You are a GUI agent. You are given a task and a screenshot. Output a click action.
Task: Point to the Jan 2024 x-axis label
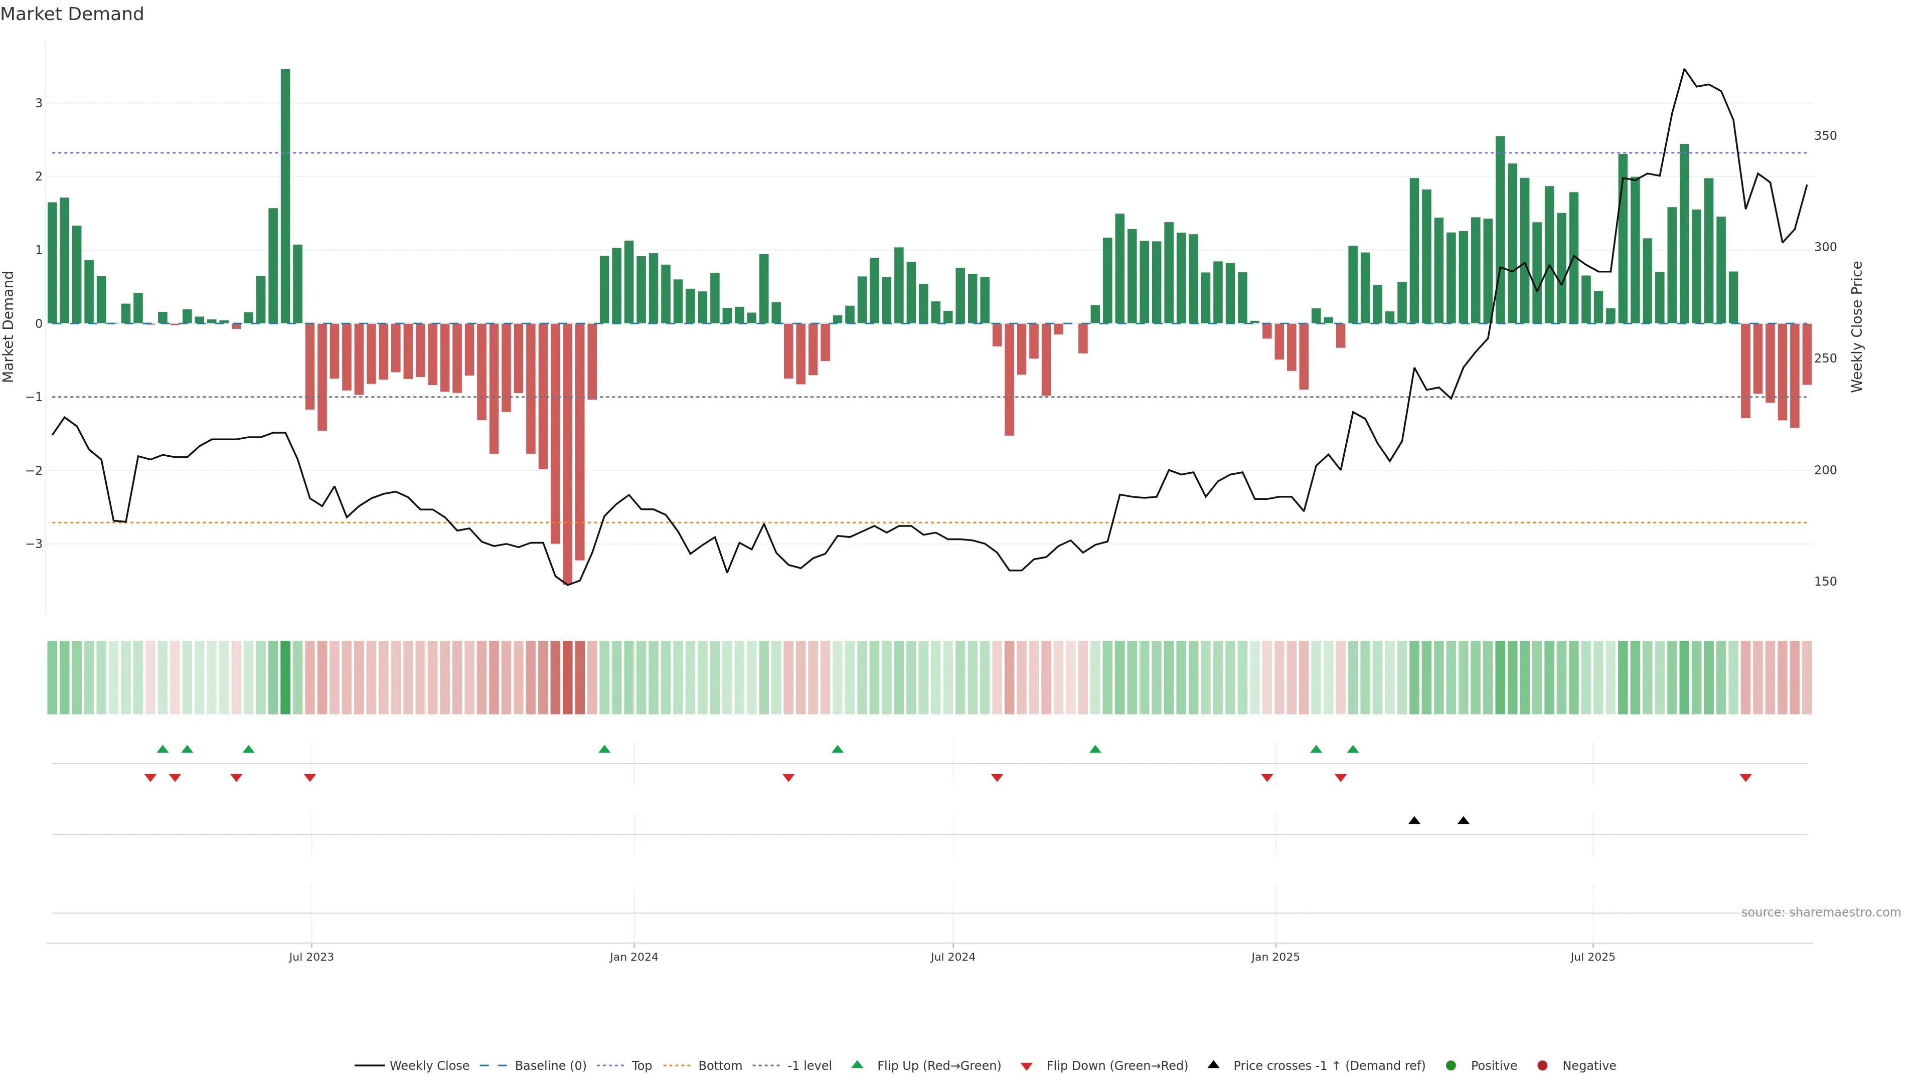click(x=633, y=957)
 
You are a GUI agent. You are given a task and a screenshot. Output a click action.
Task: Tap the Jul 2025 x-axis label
click(x=1592, y=957)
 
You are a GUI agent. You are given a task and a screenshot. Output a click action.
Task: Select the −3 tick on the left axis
click(x=34, y=544)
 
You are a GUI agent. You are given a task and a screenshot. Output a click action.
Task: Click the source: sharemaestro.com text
click(x=1821, y=913)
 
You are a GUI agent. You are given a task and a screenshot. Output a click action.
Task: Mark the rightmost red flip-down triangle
click(x=1746, y=778)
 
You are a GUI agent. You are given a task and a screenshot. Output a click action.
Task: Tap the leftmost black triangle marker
click(x=1414, y=821)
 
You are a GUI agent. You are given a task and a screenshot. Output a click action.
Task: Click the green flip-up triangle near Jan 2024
click(x=604, y=749)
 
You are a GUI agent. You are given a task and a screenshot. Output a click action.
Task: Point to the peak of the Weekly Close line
click(x=1685, y=70)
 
